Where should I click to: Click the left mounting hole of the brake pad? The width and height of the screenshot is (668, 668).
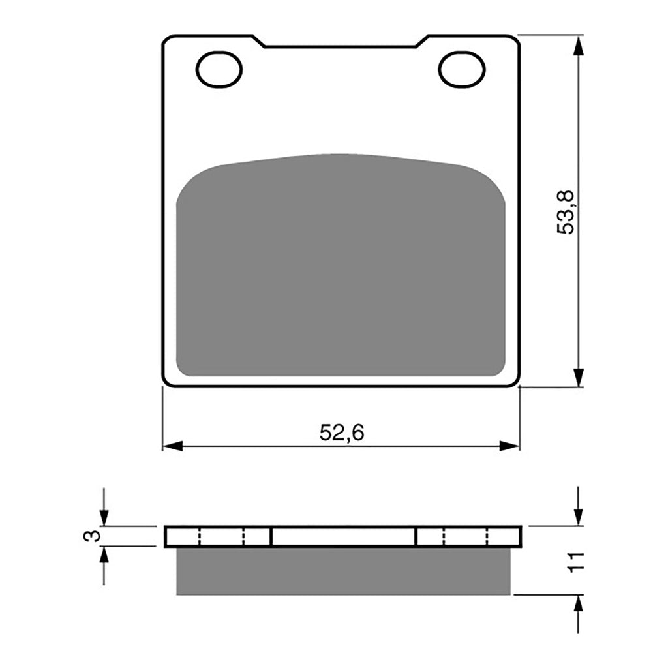(219, 68)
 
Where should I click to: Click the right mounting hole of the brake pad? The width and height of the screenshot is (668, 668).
(462, 68)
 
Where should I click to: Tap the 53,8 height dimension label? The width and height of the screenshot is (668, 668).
(565, 211)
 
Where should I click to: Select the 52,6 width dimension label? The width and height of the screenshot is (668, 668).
(341, 433)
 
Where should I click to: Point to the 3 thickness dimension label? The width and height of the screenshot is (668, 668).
(93, 536)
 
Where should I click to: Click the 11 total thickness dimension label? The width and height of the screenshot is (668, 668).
(575, 561)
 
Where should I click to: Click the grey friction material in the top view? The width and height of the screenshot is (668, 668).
(341, 267)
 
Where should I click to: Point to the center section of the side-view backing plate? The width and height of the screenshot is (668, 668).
(343, 536)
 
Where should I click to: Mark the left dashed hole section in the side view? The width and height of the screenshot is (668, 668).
(221, 536)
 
